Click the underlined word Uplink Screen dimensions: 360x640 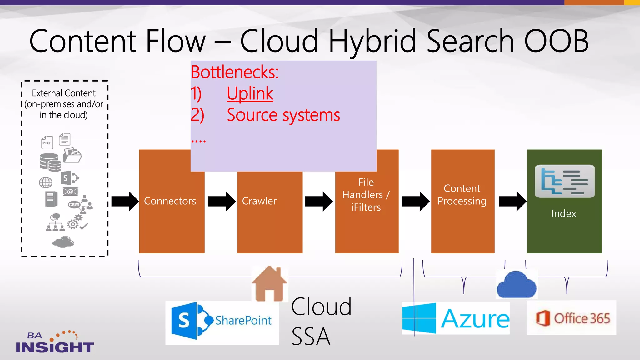pos(250,93)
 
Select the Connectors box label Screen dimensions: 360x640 pos(170,201)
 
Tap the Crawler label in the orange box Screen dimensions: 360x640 pos(259,201)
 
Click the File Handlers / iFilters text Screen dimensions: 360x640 pos(366,195)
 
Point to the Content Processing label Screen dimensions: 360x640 pos(462,195)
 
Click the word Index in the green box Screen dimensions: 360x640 pos(563,213)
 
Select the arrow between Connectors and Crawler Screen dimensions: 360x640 pos(222,202)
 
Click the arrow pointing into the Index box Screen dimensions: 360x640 pos(512,202)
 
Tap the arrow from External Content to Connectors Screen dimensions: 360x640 pos(125,202)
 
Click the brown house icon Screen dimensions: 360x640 pos(269,283)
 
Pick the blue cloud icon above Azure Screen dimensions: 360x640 pos(516,285)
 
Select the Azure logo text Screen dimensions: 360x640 pos(475,319)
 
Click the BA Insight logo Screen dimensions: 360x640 pos(54,343)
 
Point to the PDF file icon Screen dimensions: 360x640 pos(47,142)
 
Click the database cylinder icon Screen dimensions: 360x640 pos(50,162)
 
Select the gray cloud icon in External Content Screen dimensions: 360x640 pos(63,242)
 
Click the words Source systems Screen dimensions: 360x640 pos(283,115)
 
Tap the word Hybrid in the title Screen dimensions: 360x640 pos(372,41)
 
